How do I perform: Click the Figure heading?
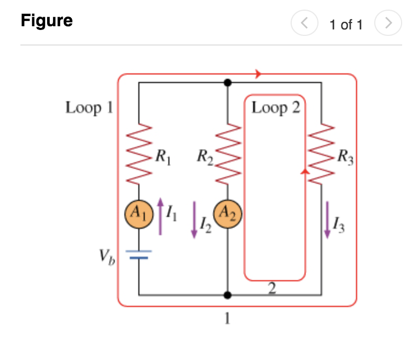coord(47,21)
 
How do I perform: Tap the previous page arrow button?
coord(303,24)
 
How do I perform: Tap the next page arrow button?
coord(388,24)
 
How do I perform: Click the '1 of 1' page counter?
coord(346,24)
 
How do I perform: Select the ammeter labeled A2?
coord(228,215)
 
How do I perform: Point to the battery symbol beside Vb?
coord(139,254)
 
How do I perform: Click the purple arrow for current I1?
coord(160,216)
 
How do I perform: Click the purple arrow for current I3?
coord(327,220)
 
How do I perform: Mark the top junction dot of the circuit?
coord(228,82)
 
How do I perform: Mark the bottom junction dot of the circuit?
coord(228,295)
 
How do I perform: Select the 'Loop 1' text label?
coord(90,108)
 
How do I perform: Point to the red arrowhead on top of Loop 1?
coord(259,74)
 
